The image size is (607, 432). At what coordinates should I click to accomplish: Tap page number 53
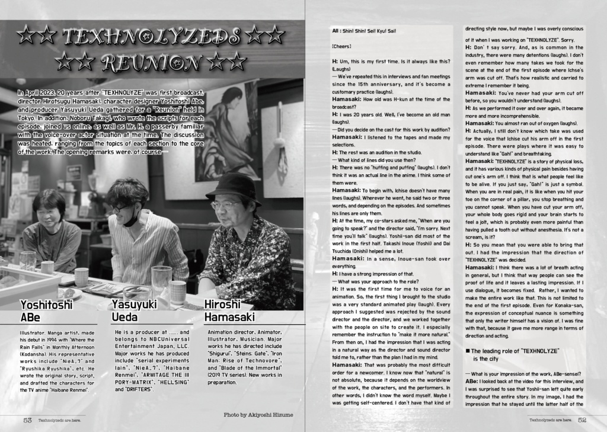27,420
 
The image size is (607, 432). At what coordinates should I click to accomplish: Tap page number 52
582,420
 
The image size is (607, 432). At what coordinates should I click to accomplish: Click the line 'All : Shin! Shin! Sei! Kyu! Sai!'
362,31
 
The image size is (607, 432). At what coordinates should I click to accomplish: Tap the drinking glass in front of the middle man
161,279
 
